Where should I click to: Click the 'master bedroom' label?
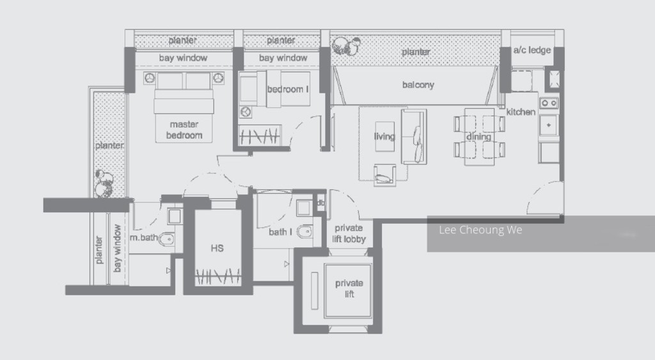tap(184, 130)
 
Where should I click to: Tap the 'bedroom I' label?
tap(288, 90)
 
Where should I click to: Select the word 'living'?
tap(384, 137)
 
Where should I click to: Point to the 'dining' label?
tap(478, 137)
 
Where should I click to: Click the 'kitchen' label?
tap(521, 112)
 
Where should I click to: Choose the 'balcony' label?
tap(418, 85)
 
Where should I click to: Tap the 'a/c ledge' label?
tap(532, 50)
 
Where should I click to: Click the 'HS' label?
tap(217, 249)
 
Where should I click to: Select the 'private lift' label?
tap(349, 288)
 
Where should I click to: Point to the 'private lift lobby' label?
tap(349, 233)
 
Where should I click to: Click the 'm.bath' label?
tap(144, 238)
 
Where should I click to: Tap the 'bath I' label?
tap(280, 231)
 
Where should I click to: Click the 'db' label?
tap(321, 203)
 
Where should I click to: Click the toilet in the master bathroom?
tap(166, 239)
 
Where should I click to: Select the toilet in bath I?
tap(304, 231)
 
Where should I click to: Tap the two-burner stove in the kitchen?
tap(549, 103)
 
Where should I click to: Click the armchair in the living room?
tap(384, 175)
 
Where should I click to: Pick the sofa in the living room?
tap(414, 137)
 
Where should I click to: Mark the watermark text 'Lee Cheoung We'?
tap(480, 230)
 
